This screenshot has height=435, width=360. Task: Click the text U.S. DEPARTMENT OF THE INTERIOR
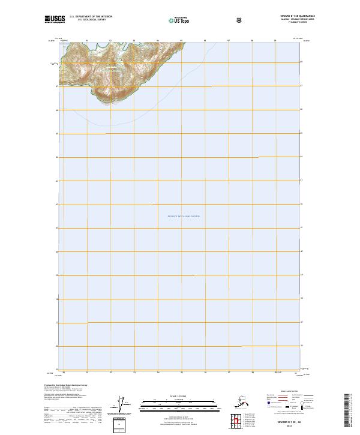91,17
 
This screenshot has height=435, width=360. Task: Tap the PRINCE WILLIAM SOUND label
179,216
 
